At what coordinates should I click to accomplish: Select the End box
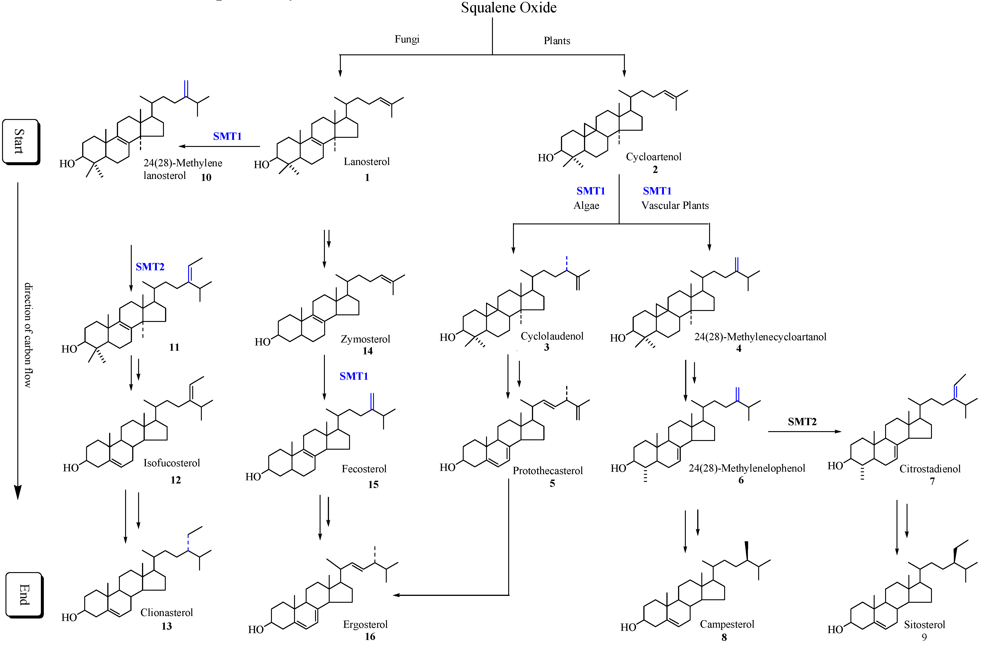point(24,595)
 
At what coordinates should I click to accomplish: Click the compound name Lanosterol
point(366,162)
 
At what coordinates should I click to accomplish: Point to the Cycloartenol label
point(653,157)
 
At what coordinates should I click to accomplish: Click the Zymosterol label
point(365,339)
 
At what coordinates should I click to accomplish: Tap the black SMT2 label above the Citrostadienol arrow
point(802,422)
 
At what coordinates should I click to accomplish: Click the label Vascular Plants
point(675,205)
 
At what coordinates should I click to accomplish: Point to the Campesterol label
point(727,624)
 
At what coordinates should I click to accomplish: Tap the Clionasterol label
point(166,612)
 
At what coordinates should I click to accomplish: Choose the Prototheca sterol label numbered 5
point(547,470)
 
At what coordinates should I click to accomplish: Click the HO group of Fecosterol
point(253,477)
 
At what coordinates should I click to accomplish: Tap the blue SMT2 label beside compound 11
point(150,267)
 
